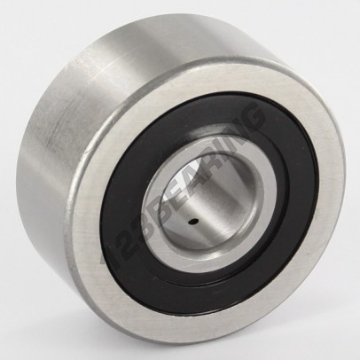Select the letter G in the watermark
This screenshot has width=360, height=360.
pos(248,118)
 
